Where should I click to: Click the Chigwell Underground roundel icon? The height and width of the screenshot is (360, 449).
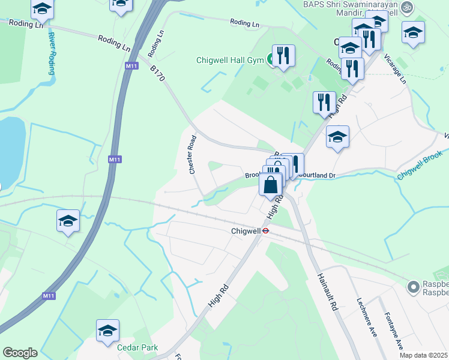coord(264,230)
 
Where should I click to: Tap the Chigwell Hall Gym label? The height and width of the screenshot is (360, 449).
coord(231,60)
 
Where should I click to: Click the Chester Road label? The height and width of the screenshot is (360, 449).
coord(193,154)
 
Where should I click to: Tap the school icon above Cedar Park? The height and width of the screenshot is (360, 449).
coord(107,331)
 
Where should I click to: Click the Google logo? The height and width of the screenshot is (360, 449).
coord(20,353)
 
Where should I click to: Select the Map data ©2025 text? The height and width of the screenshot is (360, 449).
coord(424,355)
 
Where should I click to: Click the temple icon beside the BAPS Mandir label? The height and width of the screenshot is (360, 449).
coord(408,7)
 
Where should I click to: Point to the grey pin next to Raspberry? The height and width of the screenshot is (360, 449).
coord(412,287)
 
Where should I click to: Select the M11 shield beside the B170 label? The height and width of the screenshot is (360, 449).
coord(130,65)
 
